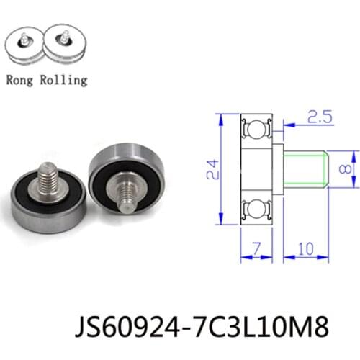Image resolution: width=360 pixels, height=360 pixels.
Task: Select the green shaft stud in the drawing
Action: (x=306, y=170)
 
